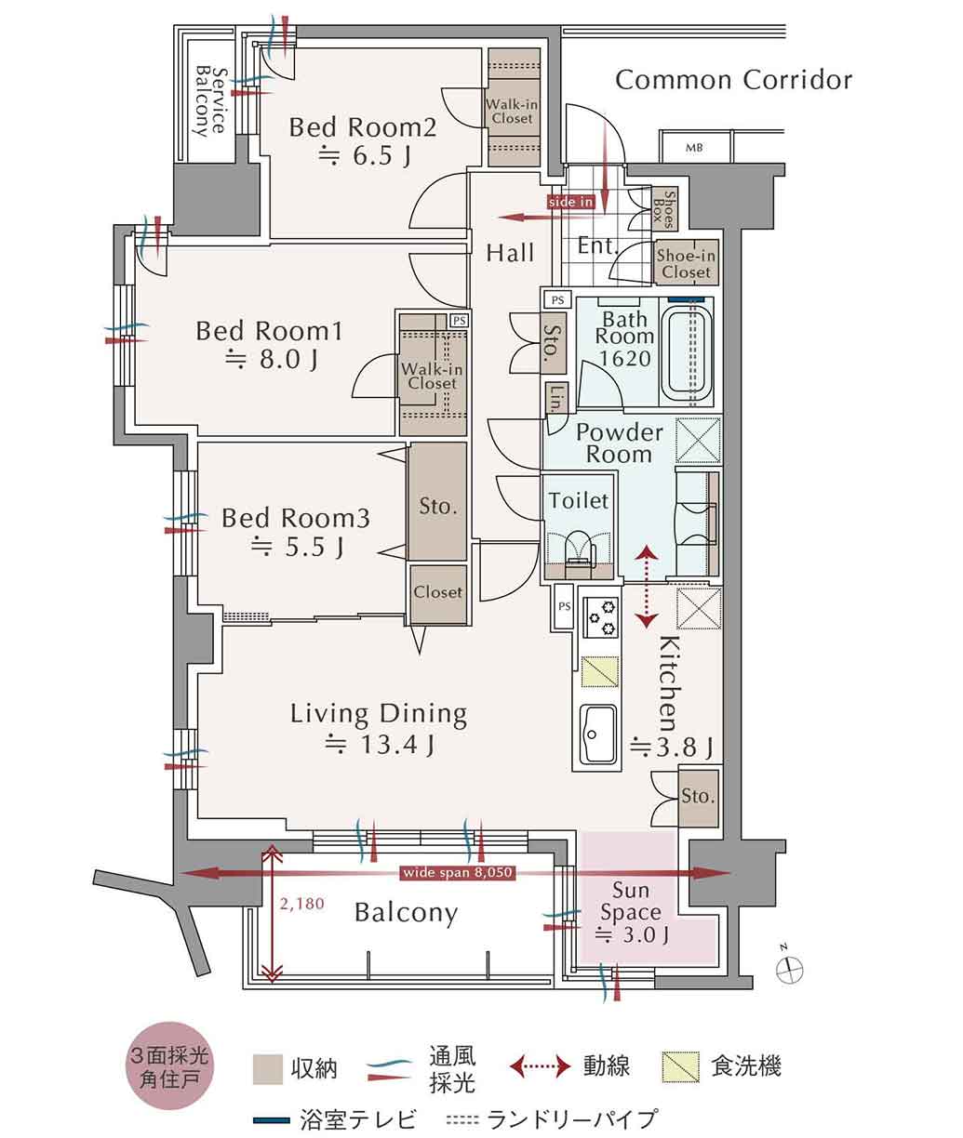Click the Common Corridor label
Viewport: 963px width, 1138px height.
point(733,80)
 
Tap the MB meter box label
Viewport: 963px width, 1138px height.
point(693,148)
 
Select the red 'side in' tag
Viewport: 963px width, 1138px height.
point(570,202)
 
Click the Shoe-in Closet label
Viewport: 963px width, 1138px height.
point(687,263)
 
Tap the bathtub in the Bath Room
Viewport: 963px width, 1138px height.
point(687,354)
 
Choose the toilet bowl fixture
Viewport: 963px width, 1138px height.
point(579,551)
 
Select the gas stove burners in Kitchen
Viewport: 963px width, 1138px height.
point(602,617)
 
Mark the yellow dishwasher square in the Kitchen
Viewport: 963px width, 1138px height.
point(600,672)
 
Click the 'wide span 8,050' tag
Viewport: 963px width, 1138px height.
point(458,872)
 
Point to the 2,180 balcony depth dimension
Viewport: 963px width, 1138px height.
point(301,904)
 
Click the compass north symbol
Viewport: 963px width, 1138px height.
point(789,969)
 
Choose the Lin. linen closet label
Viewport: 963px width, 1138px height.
point(557,398)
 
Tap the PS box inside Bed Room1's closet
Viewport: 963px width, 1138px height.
point(459,321)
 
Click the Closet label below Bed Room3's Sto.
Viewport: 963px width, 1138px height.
point(437,592)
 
